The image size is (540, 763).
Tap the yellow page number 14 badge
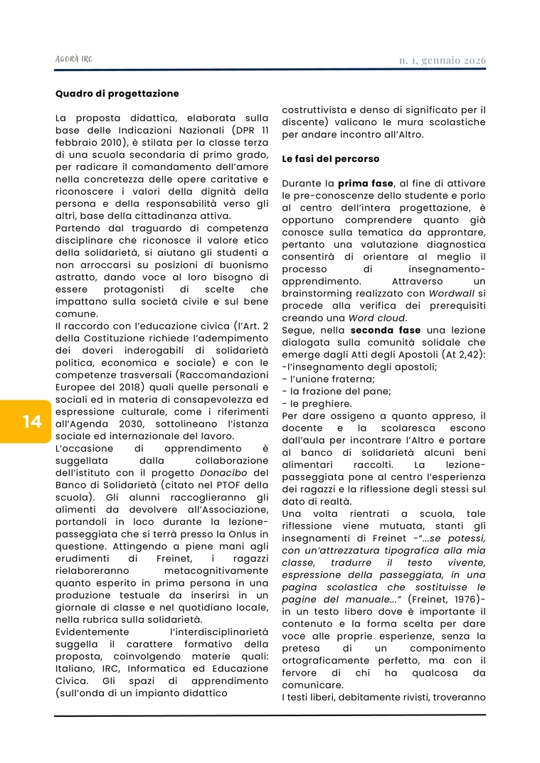(x=31, y=422)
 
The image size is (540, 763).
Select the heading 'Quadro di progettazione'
(x=117, y=93)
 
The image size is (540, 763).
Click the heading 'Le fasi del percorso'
(x=331, y=159)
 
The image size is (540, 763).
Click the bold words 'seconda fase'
(x=385, y=330)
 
